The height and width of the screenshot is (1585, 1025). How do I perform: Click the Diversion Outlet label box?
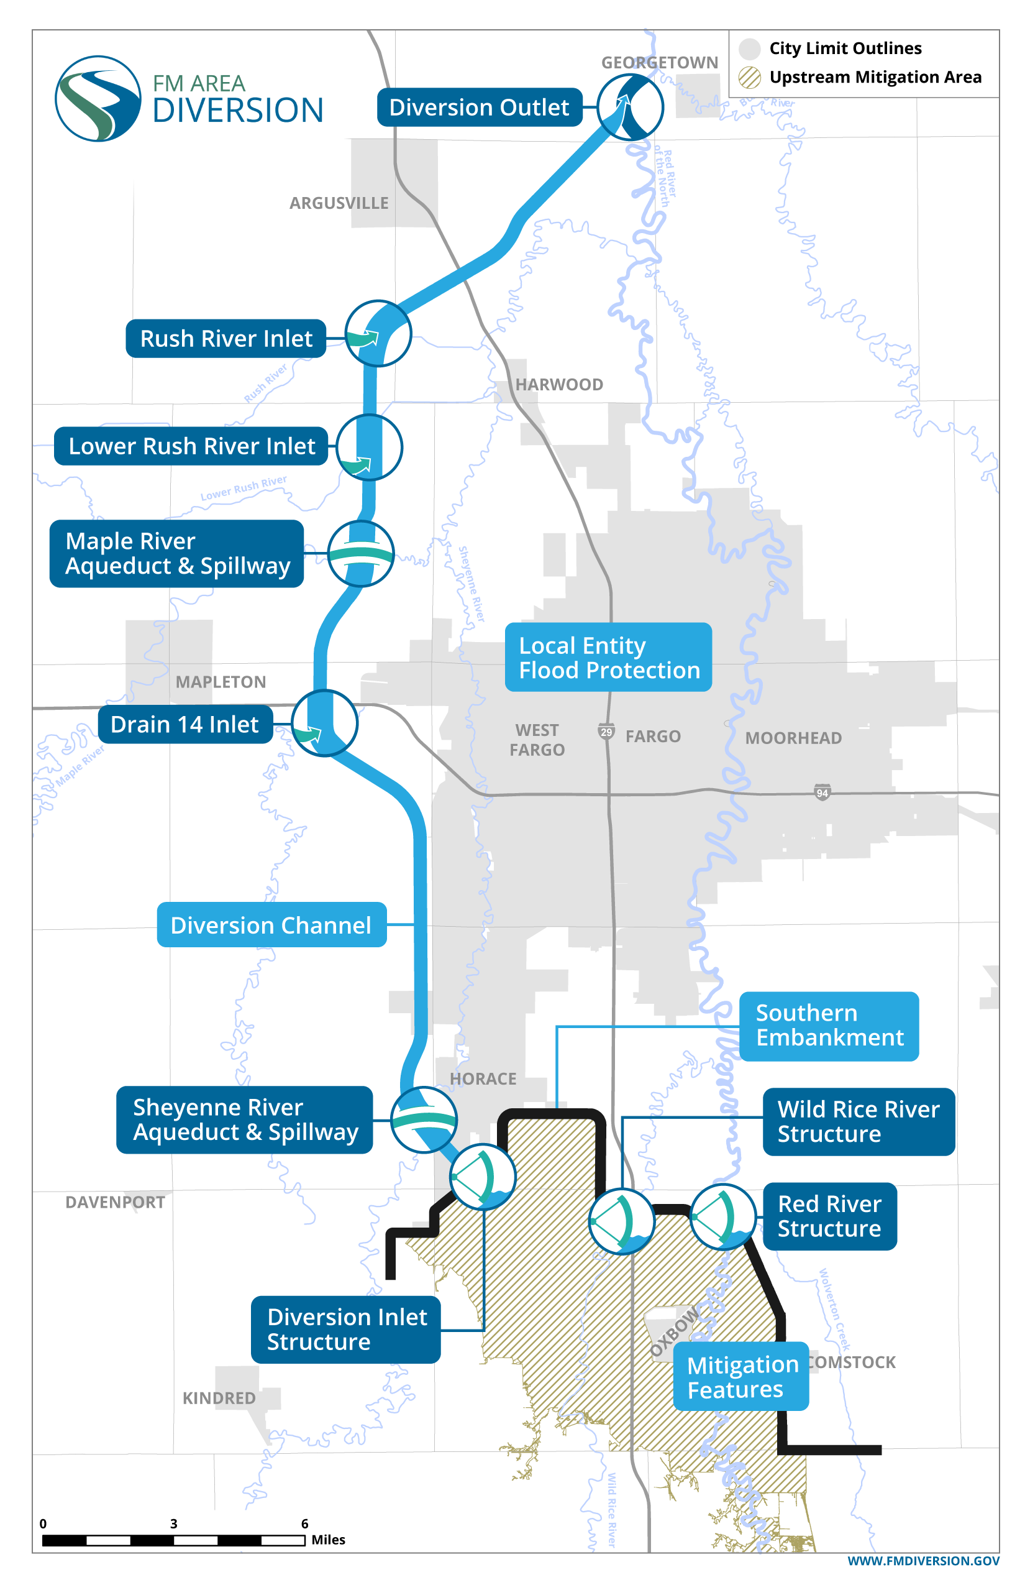click(x=479, y=107)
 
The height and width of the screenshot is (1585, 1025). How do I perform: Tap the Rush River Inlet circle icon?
click(x=378, y=333)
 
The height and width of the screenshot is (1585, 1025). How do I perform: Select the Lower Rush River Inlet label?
click(x=191, y=446)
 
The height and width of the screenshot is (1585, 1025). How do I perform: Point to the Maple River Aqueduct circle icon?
click(x=361, y=554)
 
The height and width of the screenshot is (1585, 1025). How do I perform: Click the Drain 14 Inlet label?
click(x=185, y=724)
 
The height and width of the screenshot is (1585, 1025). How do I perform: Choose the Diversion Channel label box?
click(x=271, y=925)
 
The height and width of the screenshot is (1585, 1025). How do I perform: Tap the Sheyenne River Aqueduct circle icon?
click(x=423, y=1119)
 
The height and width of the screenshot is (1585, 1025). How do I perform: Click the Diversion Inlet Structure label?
click(x=345, y=1330)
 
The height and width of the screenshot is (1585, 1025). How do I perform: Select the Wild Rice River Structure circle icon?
click(x=622, y=1221)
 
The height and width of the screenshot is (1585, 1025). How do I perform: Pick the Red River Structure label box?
click(x=829, y=1216)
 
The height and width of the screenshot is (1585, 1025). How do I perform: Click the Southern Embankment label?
click(x=829, y=1026)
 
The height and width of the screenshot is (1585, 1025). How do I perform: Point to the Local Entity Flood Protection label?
click(x=608, y=658)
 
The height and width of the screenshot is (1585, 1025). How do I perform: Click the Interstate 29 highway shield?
click(x=606, y=731)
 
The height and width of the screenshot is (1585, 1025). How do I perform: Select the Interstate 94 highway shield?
click(x=822, y=792)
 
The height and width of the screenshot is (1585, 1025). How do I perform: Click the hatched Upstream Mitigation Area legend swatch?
click(x=749, y=77)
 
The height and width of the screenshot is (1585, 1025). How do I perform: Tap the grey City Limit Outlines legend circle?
click(x=749, y=48)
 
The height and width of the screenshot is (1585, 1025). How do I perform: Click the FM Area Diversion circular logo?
click(x=98, y=99)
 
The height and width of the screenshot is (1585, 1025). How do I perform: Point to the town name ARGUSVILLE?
click(x=339, y=203)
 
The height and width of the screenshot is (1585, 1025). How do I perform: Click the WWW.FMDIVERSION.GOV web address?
click(x=923, y=1561)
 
